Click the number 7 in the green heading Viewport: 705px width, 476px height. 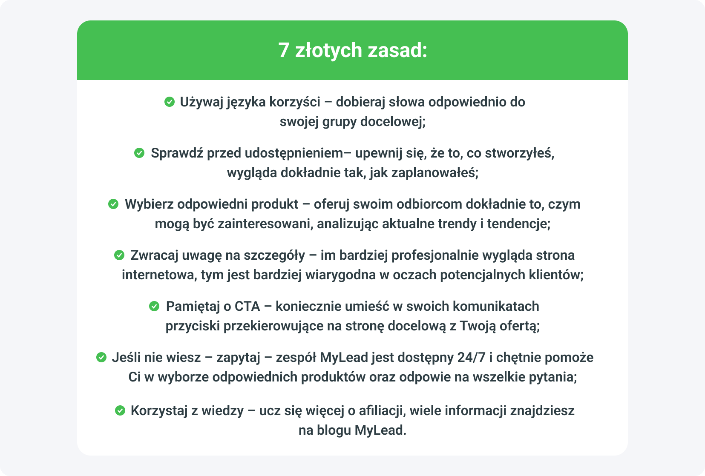point(284,50)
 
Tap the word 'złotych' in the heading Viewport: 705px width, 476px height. point(328,50)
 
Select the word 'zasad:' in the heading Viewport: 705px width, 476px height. point(397,50)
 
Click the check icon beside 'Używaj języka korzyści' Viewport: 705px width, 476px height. point(169,102)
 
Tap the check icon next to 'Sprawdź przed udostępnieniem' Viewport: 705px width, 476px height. point(139,153)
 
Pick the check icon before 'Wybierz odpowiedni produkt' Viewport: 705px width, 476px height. point(113,204)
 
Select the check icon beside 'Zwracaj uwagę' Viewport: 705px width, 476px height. point(119,255)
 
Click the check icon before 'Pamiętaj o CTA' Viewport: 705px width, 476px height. point(154,306)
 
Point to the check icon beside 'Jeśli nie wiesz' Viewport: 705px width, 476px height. point(101,357)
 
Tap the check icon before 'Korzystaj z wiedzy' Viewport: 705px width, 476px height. point(120,410)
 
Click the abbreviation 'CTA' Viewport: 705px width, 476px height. point(247,306)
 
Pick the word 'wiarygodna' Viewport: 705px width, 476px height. point(340,275)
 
